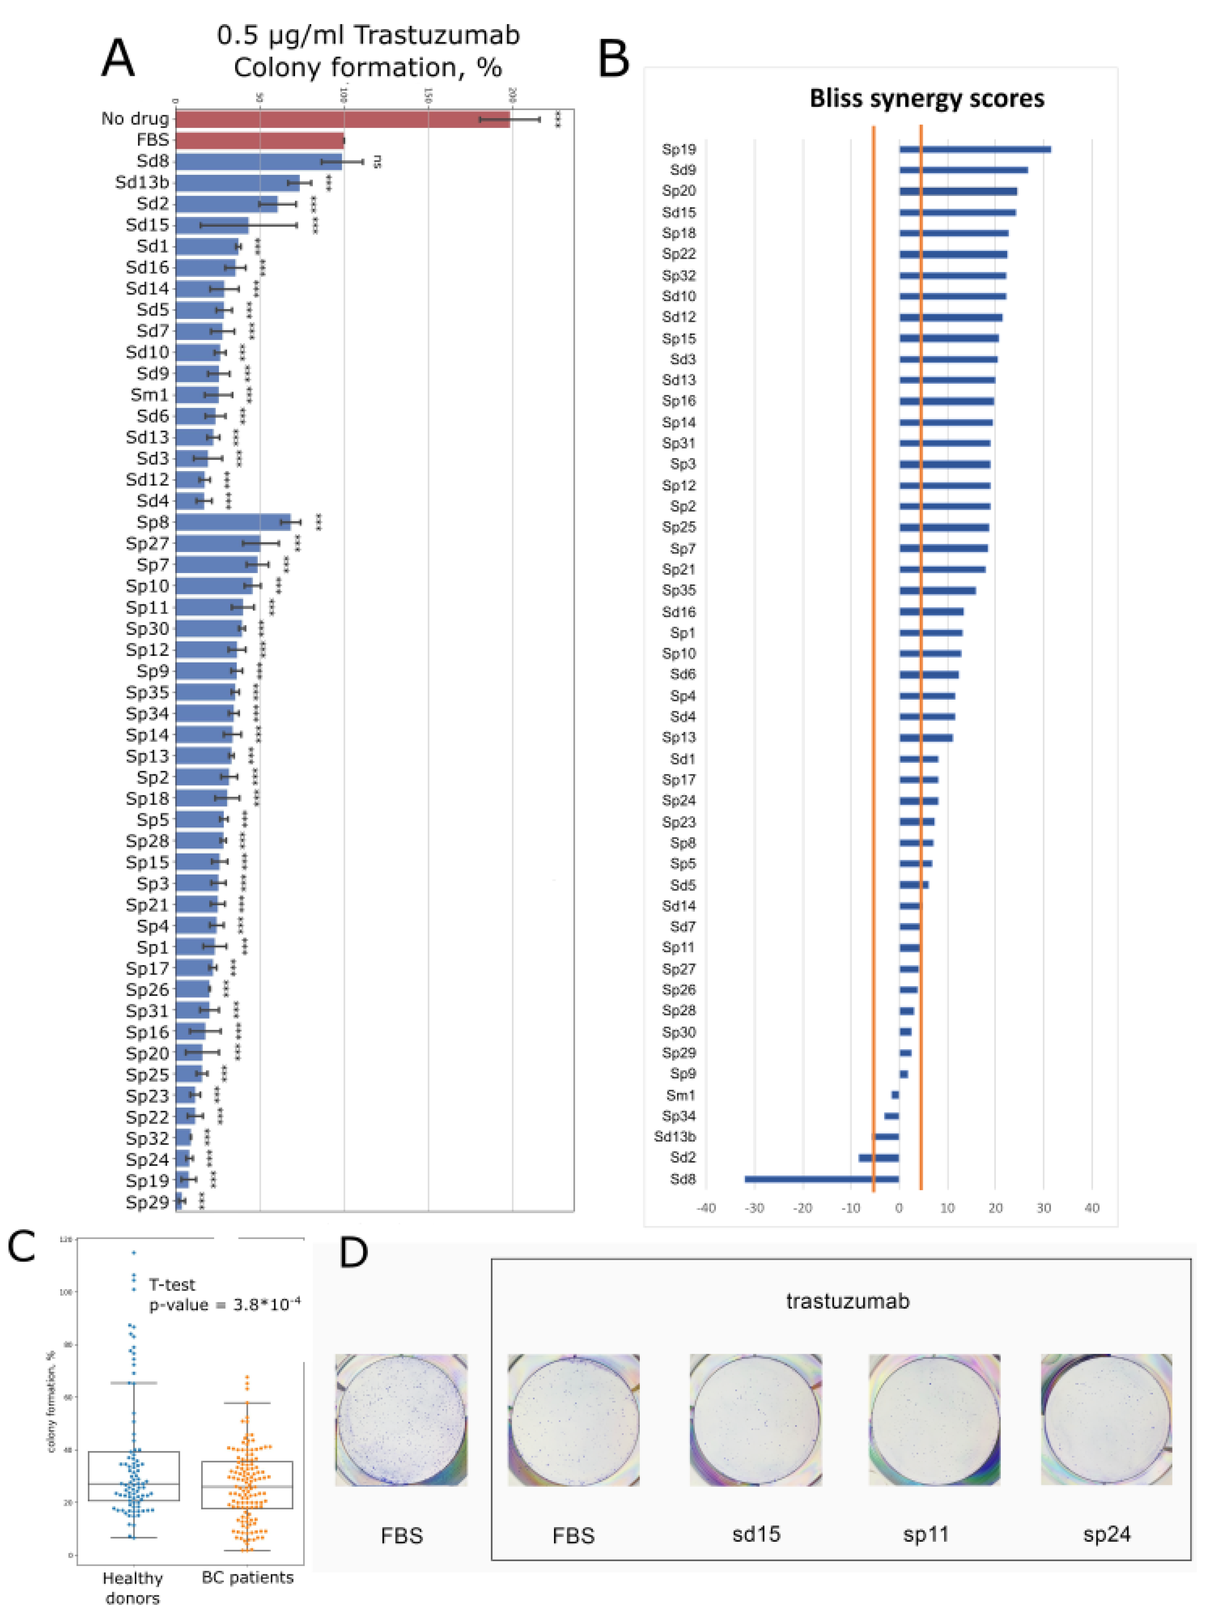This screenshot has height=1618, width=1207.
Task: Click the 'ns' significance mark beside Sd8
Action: click(378, 162)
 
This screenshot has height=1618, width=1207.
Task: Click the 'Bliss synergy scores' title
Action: click(926, 98)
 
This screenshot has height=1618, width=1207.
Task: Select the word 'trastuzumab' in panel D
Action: click(847, 1301)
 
